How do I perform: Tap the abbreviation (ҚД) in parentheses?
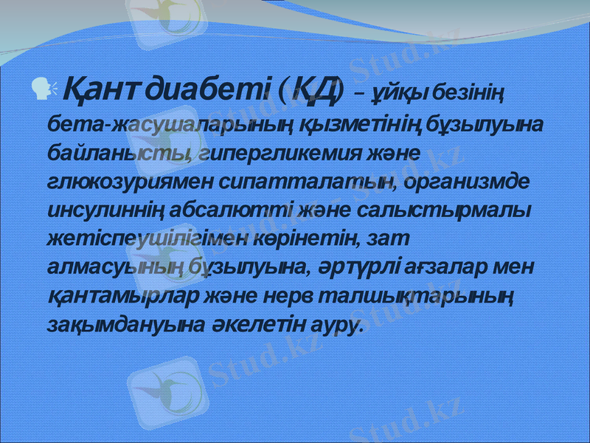point(312,90)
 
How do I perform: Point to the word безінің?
point(468,94)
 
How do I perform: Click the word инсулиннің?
point(92,210)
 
